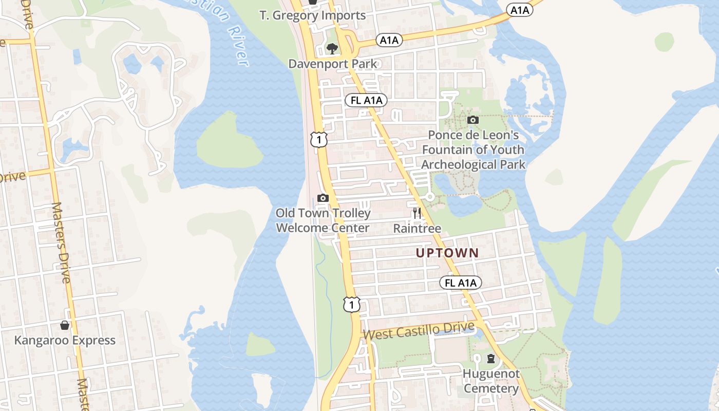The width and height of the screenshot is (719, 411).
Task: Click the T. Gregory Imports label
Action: [x=313, y=15]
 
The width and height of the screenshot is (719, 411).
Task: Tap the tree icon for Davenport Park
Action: [x=332, y=49]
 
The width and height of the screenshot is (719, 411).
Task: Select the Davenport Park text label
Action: [x=332, y=64]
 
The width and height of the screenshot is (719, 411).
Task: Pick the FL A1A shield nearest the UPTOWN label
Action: [x=461, y=283]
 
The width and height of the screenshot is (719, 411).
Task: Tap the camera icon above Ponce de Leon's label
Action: [x=472, y=120]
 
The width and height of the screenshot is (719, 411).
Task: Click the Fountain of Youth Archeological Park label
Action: [x=473, y=150]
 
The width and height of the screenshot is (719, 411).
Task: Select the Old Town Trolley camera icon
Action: [x=323, y=198]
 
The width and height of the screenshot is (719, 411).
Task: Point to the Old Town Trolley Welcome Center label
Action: [x=323, y=220]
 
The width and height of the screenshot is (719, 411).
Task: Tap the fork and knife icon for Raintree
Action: [x=417, y=213]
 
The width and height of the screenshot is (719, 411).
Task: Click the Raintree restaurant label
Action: [x=417, y=228]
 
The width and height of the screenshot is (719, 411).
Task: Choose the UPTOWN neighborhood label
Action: [x=447, y=253]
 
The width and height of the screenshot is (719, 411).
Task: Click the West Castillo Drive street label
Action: [x=418, y=330]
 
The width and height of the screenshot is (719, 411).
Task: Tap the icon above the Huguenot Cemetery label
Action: [x=491, y=358]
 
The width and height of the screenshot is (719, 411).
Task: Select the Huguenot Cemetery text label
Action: [x=491, y=381]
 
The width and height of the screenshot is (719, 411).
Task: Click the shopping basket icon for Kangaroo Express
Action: [x=65, y=325]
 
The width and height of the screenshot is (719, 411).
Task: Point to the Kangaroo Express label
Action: [x=65, y=341]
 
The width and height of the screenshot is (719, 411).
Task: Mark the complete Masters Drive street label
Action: [x=61, y=242]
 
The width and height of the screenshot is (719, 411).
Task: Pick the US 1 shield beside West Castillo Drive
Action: [x=352, y=305]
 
